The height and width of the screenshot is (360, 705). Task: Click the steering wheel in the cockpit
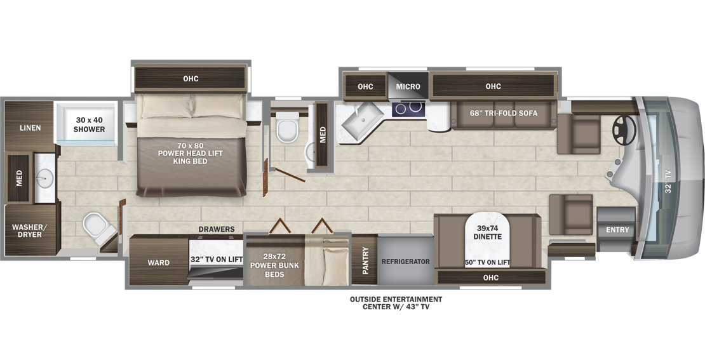[x=624, y=130]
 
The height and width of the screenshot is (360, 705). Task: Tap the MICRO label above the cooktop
[x=408, y=87]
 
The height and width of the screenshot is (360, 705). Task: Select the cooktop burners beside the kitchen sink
[x=408, y=109]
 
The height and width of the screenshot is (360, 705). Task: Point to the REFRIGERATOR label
[x=406, y=262]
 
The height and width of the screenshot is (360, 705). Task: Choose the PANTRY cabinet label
[x=366, y=260]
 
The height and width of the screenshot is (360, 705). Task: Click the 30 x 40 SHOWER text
[x=90, y=125]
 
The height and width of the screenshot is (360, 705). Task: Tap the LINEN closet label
[x=30, y=128]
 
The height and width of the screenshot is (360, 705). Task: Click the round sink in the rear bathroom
[x=44, y=178]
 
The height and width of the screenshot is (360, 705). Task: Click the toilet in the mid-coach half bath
[x=287, y=127]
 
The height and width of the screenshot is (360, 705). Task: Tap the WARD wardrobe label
[x=159, y=262]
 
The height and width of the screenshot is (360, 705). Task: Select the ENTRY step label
[x=617, y=230]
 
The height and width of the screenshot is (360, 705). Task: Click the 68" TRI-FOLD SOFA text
[x=504, y=113]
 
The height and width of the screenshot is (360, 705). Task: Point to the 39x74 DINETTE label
[x=487, y=232]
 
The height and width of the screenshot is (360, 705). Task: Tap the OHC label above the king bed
[x=191, y=79]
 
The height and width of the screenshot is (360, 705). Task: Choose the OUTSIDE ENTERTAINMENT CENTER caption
[x=396, y=303]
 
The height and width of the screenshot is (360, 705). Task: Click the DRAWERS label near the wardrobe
[x=217, y=229]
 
